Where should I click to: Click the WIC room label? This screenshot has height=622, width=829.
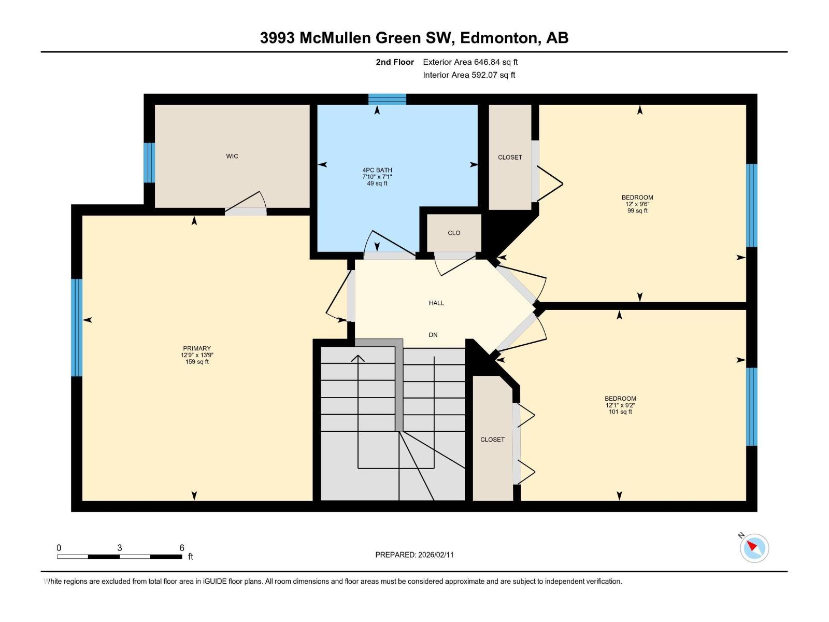click(x=232, y=156)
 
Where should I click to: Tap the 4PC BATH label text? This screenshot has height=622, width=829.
click(x=377, y=170)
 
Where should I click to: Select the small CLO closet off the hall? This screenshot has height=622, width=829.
click(x=454, y=233)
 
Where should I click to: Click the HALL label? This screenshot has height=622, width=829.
click(x=436, y=303)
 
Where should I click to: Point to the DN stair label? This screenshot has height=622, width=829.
click(x=433, y=335)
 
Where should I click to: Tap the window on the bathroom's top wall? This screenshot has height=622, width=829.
click(x=387, y=100)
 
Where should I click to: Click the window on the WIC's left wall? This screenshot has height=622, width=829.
click(x=149, y=163)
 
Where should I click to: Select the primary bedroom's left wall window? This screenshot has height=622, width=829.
click(x=77, y=328)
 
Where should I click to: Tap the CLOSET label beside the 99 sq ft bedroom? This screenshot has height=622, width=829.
click(x=510, y=157)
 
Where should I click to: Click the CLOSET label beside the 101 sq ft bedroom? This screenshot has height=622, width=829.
click(x=492, y=440)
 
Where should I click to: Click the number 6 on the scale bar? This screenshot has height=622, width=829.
click(x=182, y=548)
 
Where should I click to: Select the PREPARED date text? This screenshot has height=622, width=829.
click(x=414, y=555)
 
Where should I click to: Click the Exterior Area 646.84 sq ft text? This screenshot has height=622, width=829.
click(x=470, y=62)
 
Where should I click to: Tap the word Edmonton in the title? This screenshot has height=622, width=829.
click(x=497, y=38)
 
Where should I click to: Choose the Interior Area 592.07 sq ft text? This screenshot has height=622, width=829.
click(x=469, y=75)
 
